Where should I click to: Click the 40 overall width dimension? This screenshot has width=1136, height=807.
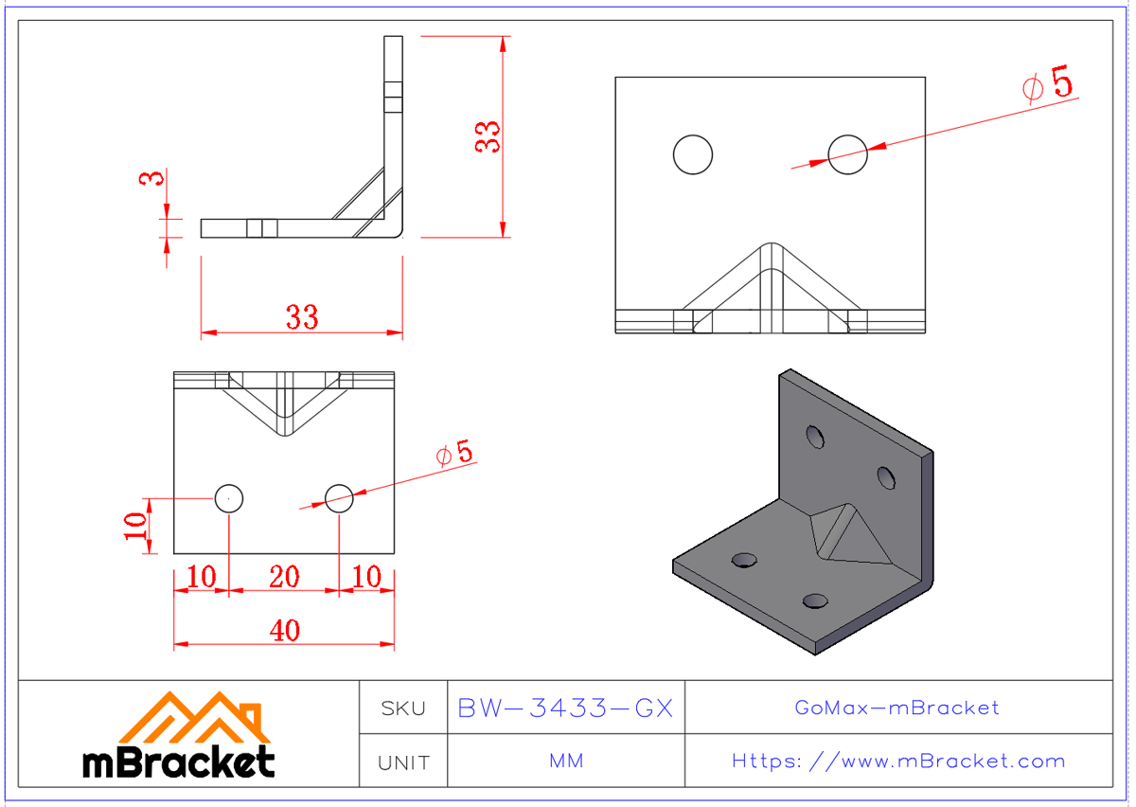click(x=284, y=630)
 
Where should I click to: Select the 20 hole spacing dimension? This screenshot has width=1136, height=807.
click(x=284, y=576)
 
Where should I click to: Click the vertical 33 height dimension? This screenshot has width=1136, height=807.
click(x=488, y=137)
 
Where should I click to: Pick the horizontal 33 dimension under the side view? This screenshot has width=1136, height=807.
click(x=302, y=317)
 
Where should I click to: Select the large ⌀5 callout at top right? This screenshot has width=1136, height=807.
click(x=1048, y=85)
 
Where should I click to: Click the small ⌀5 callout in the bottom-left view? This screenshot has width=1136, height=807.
click(x=454, y=453)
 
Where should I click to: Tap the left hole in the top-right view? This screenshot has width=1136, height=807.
click(x=693, y=154)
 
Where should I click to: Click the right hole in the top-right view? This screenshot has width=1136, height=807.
click(x=847, y=154)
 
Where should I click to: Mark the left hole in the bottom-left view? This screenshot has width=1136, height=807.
click(x=229, y=496)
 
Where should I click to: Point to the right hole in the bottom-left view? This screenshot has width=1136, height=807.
click(x=339, y=496)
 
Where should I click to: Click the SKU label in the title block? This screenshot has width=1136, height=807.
click(x=403, y=708)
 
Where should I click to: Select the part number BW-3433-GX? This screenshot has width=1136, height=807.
click(x=565, y=708)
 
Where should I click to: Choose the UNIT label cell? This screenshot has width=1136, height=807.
click(x=403, y=762)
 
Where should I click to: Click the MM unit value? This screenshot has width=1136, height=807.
click(x=565, y=762)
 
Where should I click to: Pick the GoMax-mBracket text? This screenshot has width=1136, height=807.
click(x=897, y=708)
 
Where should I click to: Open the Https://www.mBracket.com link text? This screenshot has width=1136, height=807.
click(x=897, y=762)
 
